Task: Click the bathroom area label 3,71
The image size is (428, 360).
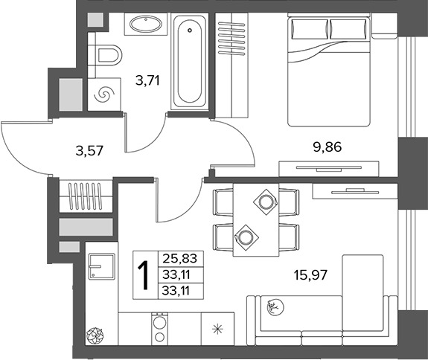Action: (x=147, y=80)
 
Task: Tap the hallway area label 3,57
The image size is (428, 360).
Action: (x=89, y=151)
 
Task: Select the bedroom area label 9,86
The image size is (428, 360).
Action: (x=328, y=147)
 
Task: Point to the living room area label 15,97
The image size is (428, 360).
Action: (x=310, y=274)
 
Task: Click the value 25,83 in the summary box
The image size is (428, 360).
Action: (x=179, y=258)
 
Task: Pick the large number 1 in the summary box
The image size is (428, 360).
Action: (x=144, y=275)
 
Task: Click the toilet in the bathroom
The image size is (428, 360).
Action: (x=109, y=55)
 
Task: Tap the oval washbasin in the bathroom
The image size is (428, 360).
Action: (x=146, y=24)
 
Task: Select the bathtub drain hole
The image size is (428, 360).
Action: (x=190, y=30)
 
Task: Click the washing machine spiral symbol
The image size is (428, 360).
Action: (x=104, y=94)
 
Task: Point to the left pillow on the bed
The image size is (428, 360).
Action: (x=310, y=29)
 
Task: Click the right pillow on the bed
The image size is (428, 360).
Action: (x=348, y=29)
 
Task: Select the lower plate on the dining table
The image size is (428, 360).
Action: (x=245, y=237)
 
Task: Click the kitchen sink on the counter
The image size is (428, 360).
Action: (x=101, y=266)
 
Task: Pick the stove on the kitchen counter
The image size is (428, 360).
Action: (x=159, y=329)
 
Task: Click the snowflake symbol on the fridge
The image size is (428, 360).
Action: (x=217, y=330)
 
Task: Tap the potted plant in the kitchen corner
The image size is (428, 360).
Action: (x=95, y=335)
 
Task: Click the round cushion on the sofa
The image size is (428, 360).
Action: (x=275, y=307)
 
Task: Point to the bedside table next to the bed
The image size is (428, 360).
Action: (x=384, y=26)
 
